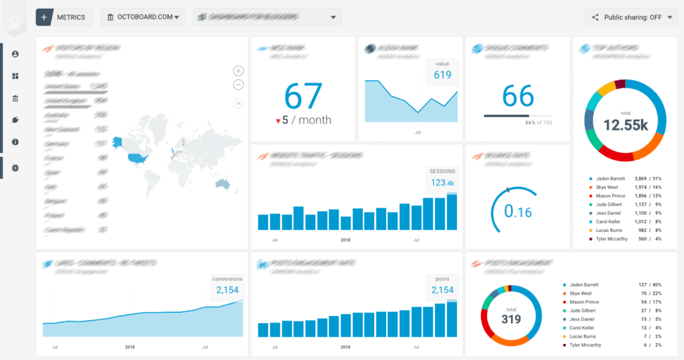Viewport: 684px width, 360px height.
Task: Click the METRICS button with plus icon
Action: coord(63,17)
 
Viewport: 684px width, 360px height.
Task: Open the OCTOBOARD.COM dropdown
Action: coord(144,17)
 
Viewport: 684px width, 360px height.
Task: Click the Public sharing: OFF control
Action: coord(631,17)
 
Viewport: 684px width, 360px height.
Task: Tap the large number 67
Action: coord(303,96)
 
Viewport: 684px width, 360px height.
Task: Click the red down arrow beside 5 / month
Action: coord(278,121)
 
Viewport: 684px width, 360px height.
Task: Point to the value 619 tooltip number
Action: coord(442,75)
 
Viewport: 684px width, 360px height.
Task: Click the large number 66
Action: coord(518,96)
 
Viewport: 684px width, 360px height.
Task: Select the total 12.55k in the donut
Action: coord(625,124)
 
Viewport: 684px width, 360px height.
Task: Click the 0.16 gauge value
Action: coord(518,212)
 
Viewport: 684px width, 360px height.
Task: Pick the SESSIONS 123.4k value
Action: coord(442,182)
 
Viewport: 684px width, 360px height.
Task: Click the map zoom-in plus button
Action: coord(238,71)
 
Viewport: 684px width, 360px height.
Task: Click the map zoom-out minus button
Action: coord(238,84)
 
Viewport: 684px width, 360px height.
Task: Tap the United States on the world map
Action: coord(138,158)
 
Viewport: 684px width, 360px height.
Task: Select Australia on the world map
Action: coord(221,184)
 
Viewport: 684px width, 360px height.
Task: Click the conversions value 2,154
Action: coord(227,290)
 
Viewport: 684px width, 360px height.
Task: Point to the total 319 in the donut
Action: coord(511,319)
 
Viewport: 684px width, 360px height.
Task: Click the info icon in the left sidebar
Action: coord(15,142)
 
